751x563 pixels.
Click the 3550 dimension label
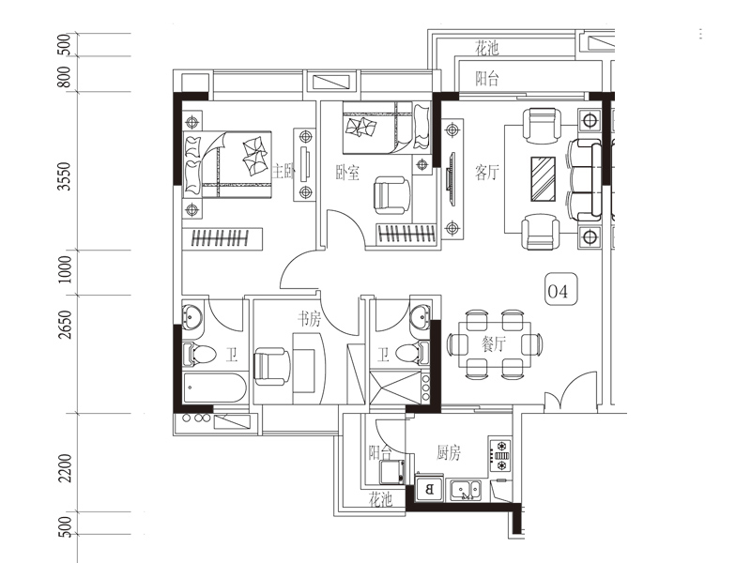tap(64, 176)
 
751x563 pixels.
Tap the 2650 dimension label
tap(64, 325)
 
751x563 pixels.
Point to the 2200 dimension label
tap(64, 468)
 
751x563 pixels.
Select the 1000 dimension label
tap(64, 269)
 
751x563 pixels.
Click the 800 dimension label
tap(64, 77)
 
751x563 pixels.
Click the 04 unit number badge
tap(561, 290)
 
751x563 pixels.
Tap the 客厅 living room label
tap(487, 172)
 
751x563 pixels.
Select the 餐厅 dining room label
tap(494, 343)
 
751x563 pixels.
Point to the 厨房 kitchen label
tap(449, 452)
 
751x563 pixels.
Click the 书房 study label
tap(309, 319)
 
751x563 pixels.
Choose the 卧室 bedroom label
tap(347, 173)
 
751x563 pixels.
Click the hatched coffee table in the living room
tap(544, 179)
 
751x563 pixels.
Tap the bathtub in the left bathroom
tap(215, 388)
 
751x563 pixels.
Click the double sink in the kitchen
tap(465, 490)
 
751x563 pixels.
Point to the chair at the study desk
tap(271, 366)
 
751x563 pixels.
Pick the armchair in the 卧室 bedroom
tap(391, 195)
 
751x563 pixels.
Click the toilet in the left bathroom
tap(199, 355)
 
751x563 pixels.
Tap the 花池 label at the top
tap(486, 48)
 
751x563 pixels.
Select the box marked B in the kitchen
tap(429, 489)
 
